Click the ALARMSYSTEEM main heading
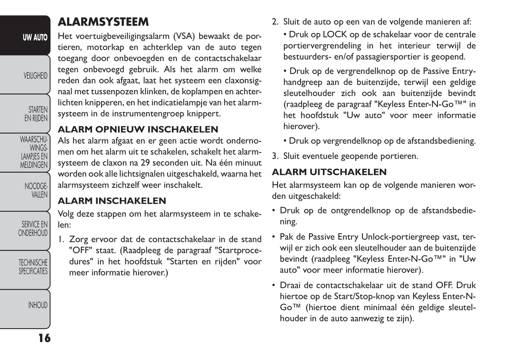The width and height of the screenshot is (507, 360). tap(103, 22)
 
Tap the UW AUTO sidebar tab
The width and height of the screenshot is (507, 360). tap(35, 37)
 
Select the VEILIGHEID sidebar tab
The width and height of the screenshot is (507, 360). tap(35, 76)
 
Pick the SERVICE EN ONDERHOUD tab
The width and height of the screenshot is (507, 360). tap(33, 229)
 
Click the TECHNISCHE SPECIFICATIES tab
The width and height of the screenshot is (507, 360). tap(33, 267)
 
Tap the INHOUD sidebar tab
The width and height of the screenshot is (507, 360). tap(38, 305)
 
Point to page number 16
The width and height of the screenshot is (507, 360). tap(44, 338)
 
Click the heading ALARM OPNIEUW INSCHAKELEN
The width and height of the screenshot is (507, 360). tap(138, 129)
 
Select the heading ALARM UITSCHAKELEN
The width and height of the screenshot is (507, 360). tap(329, 172)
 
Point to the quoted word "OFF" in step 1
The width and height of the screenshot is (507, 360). tap(81, 251)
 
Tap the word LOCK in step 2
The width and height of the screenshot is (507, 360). tap(335, 35)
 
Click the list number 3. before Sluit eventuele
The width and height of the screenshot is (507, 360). tap(275, 156)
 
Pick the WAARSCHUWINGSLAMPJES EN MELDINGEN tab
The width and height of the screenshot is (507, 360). tap(34, 152)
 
